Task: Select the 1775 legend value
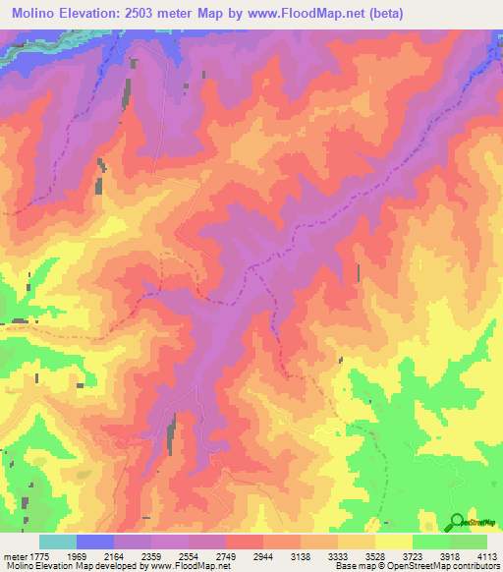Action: (x=35, y=555)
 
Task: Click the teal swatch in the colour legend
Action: (x=57, y=542)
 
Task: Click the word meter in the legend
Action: (x=14, y=555)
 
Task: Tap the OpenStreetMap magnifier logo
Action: (x=457, y=522)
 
